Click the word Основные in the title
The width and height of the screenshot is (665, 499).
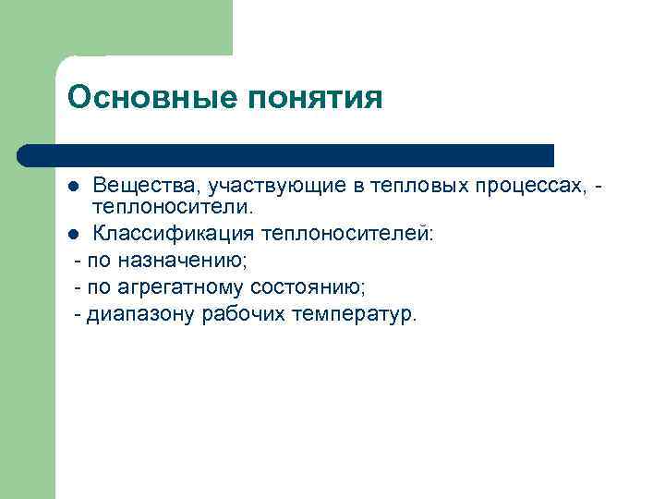132,98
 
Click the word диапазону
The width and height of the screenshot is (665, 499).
139,315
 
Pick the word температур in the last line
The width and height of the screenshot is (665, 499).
355,315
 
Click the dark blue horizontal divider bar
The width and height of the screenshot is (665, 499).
286,154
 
